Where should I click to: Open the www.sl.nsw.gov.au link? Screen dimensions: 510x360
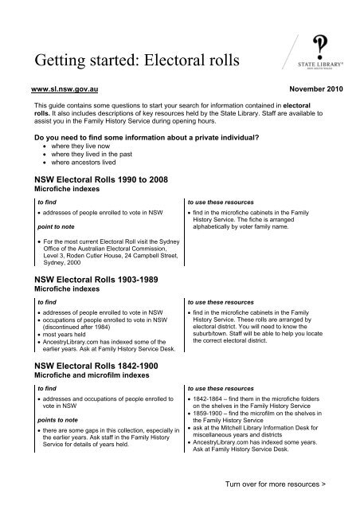pyautogui.click(x=58, y=92)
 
